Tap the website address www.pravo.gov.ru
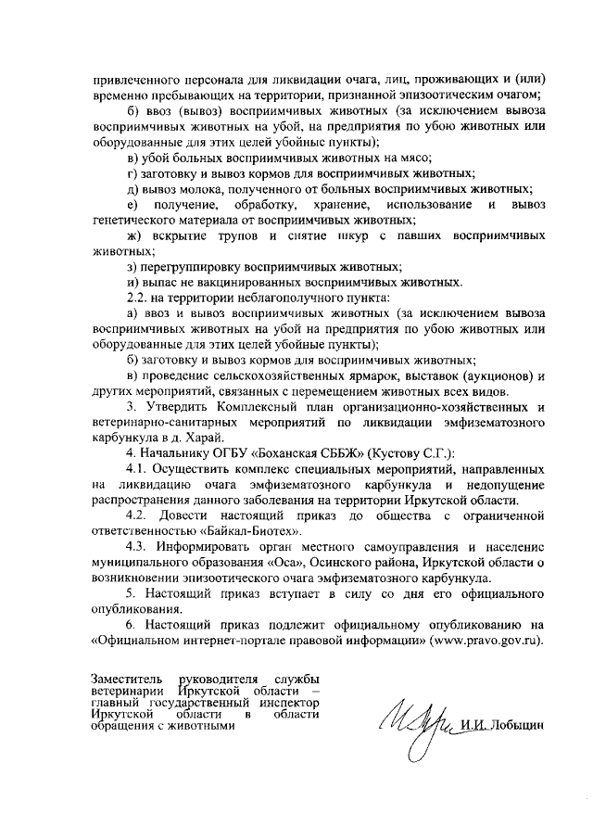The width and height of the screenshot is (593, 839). tap(486, 639)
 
